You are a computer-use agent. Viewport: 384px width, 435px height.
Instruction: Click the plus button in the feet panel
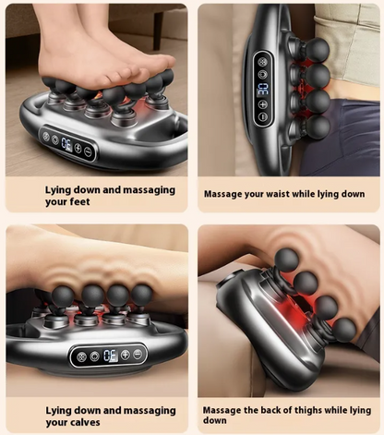click(78, 147)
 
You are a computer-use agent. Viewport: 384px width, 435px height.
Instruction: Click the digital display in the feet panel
click(65, 143)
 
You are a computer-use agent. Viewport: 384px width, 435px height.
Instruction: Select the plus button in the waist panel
click(262, 104)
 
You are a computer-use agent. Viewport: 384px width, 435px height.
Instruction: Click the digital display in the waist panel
click(262, 89)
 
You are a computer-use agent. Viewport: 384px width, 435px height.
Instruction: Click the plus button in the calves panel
click(126, 354)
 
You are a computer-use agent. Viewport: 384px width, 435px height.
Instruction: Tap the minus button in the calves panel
click(138, 353)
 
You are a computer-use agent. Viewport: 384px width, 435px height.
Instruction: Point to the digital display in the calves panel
click(109, 355)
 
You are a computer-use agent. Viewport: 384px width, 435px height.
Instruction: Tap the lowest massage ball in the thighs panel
click(344, 329)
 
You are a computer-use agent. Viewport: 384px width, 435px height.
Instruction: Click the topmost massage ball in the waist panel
click(317, 48)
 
